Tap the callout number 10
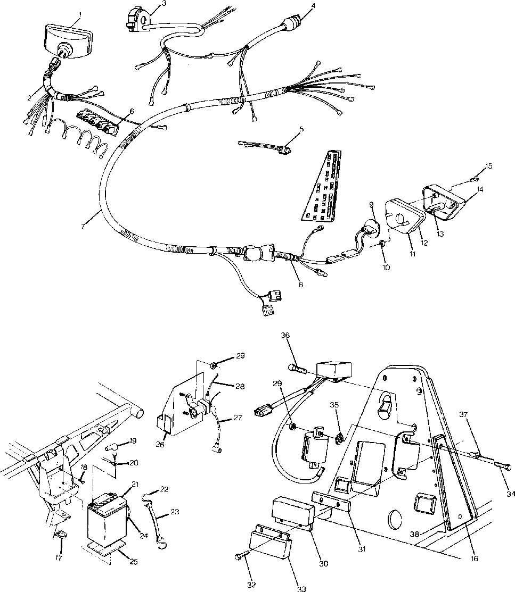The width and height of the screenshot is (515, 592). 386,267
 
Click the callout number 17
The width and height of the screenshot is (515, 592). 59,558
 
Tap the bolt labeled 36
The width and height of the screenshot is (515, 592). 296,368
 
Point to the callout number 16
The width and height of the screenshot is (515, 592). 475,559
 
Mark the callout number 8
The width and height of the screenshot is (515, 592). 301,285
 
